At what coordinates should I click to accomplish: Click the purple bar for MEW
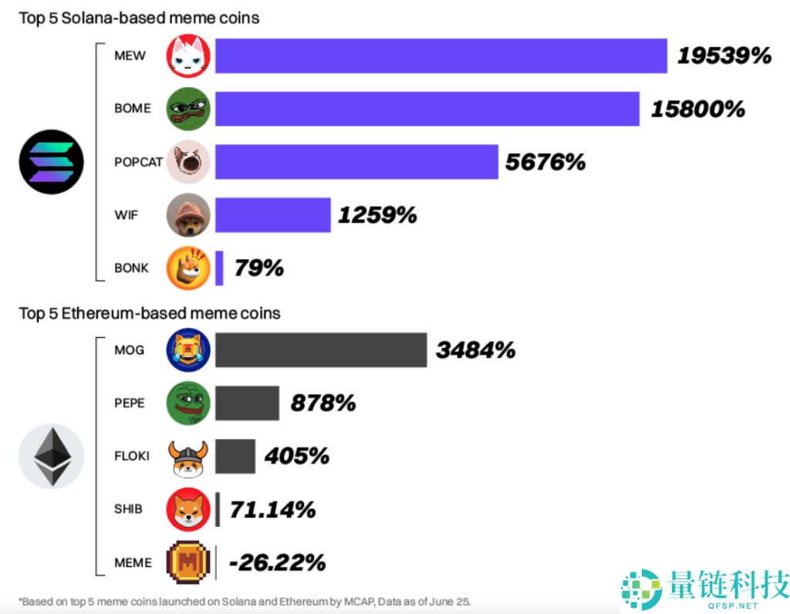pos(441,56)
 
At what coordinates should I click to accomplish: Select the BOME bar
pos(427,109)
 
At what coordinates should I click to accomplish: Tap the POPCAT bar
pos(356,161)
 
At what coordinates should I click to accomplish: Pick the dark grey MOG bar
pos(320,350)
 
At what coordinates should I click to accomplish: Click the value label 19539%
pos(724,56)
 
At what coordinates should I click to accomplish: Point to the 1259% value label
pos(377,214)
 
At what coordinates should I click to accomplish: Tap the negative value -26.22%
pos(281,562)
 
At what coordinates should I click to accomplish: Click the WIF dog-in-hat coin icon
pos(188,214)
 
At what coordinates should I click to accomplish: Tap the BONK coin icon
pos(188,268)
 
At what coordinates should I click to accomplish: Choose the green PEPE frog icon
pos(188,403)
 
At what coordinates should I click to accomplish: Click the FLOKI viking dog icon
pos(188,457)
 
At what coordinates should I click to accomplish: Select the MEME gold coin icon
pos(188,562)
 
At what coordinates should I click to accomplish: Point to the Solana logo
pos(51,161)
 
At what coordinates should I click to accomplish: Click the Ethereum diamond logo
pos(51,457)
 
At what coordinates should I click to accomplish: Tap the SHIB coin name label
pos(128,509)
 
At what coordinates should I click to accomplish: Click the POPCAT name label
pos(138,162)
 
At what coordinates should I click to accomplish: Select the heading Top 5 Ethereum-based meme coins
pos(150,313)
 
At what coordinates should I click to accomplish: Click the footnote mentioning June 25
pos(245,601)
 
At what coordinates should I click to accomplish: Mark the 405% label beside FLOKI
pos(296,456)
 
